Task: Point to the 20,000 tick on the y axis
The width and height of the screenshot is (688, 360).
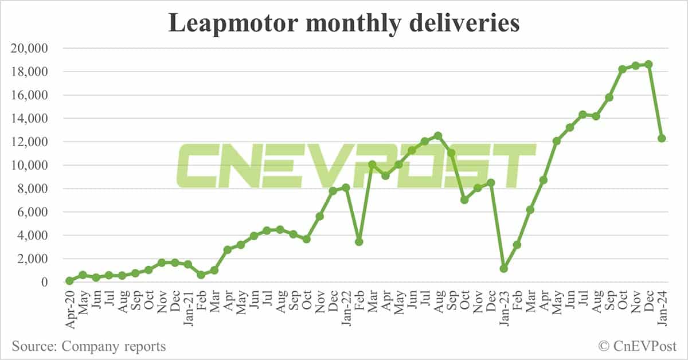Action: click(x=30, y=49)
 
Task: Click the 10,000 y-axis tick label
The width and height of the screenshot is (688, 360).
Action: click(x=30, y=166)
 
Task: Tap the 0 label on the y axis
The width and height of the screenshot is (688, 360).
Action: click(x=44, y=283)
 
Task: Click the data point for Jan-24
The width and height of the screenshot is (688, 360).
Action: click(x=662, y=138)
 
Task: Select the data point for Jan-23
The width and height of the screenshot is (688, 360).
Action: click(x=504, y=268)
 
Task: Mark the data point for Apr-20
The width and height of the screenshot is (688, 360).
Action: click(x=70, y=281)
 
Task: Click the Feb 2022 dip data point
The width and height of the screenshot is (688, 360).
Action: click(x=359, y=242)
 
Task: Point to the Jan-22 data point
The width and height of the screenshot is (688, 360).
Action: click(x=346, y=187)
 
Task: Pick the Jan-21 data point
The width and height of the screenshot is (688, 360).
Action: click(x=188, y=264)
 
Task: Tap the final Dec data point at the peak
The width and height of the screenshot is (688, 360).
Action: click(x=648, y=64)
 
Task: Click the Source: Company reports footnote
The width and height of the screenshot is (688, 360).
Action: click(x=88, y=346)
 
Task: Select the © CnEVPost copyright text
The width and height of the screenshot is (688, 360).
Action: click(x=637, y=346)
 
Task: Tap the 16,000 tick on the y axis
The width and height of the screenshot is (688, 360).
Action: click(x=30, y=96)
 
